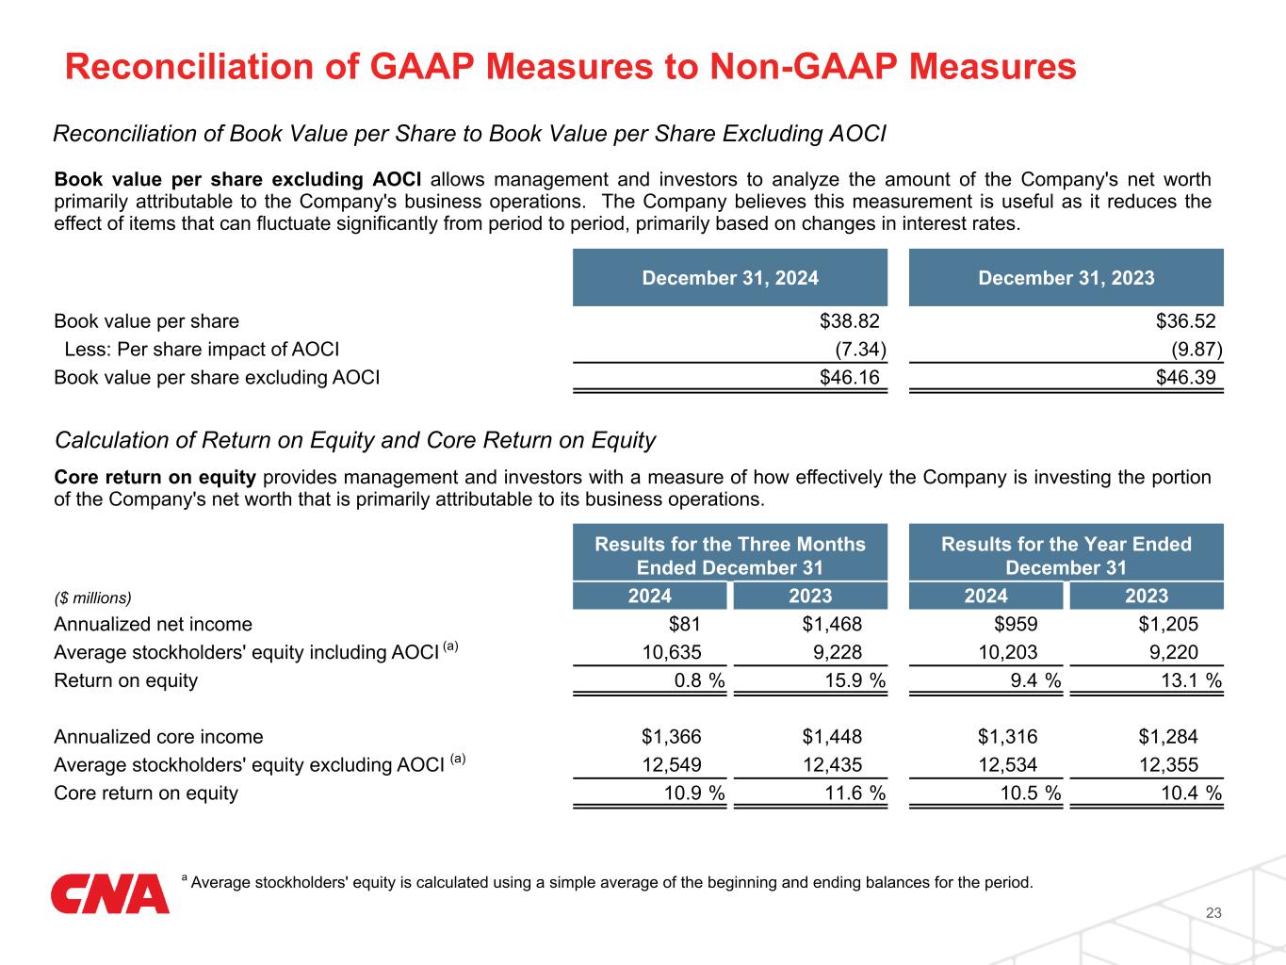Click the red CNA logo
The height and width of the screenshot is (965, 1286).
click(110, 893)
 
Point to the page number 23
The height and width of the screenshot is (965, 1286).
click(1213, 913)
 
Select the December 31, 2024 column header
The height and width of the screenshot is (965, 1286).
click(730, 278)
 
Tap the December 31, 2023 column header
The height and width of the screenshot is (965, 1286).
click(1066, 278)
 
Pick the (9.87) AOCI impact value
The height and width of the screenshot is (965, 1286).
click(1196, 350)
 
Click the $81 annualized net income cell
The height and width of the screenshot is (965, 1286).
click(684, 624)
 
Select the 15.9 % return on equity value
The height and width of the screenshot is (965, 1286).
click(850, 680)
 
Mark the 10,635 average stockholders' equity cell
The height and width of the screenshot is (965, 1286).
click(672, 652)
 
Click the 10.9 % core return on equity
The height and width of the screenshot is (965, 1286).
click(694, 793)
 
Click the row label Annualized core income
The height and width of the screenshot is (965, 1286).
click(158, 737)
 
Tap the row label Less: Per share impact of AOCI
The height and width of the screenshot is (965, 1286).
click(202, 350)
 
